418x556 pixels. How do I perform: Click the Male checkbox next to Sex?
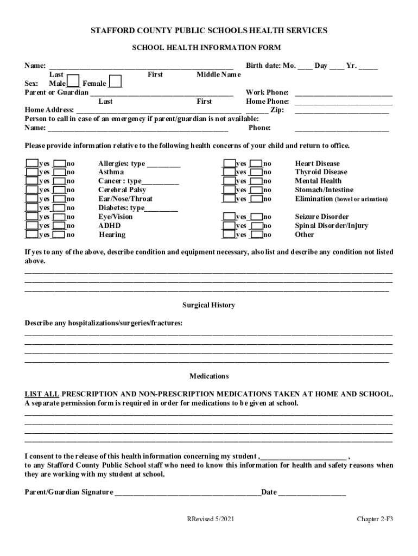coord(73,81)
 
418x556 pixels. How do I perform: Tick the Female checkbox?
coord(115,81)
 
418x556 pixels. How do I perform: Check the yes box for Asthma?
coord(32,172)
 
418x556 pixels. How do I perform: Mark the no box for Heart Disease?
coord(257,163)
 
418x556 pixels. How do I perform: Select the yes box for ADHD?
coord(32,225)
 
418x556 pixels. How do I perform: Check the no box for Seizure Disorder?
coord(257,217)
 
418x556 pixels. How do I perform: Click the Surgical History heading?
coord(208,305)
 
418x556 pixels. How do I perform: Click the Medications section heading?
coord(208,376)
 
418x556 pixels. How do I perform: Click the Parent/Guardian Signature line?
coord(187,493)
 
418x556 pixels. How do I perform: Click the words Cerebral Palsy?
coord(122,190)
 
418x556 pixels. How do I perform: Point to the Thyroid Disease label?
coord(321,172)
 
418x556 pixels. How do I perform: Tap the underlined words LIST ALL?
coord(42,394)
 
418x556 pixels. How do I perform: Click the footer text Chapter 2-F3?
coord(375,519)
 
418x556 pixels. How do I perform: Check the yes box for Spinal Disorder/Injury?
coord(229,225)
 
